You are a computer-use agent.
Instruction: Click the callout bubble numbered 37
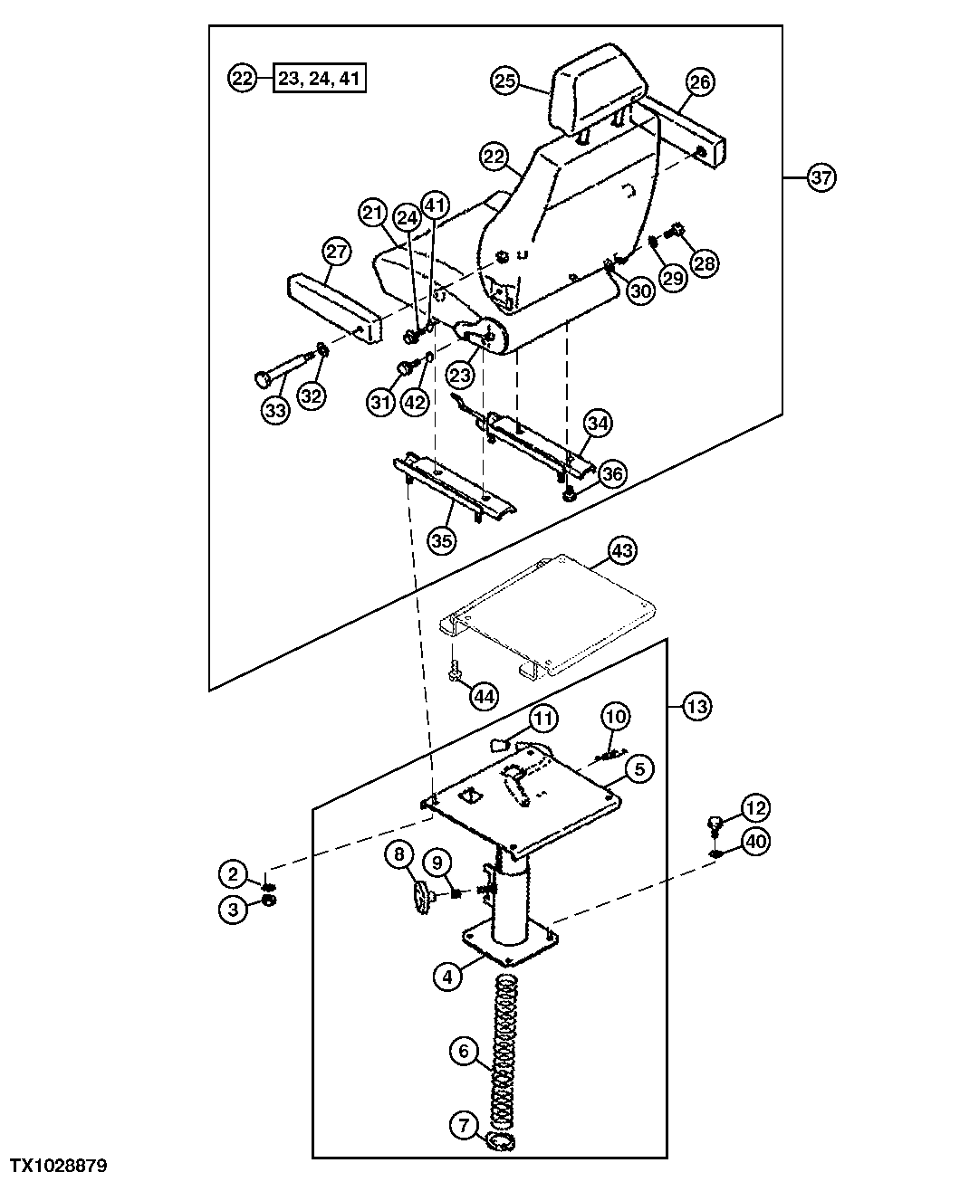coord(821,176)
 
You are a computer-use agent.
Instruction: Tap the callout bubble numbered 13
coord(696,707)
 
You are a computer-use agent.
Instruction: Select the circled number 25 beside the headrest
coord(506,81)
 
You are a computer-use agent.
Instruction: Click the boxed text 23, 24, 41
coord(320,79)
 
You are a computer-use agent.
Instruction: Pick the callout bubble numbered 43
coord(624,549)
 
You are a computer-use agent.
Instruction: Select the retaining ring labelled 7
coord(500,1141)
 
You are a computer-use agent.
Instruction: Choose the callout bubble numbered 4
coord(447,977)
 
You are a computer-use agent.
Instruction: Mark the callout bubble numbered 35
coord(442,541)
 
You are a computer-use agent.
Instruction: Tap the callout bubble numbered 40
coord(756,842)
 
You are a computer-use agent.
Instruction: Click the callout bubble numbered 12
coord(756,806)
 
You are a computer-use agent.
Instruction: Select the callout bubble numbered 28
coord(704,262)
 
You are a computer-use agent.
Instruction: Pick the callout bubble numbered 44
coord(484,696)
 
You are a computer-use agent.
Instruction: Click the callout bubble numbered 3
coord(234,909)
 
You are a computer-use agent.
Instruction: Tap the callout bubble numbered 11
coord(543,720)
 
